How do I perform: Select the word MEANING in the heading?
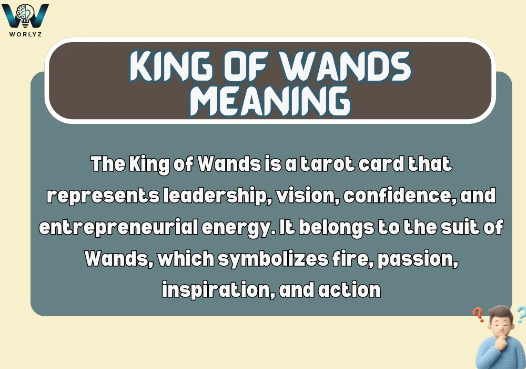click(x=269, y=100)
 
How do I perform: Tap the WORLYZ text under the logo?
click(x=26, y=33)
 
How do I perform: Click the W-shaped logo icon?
click(x=25, y=15)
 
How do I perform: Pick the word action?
click(x=350, y=290)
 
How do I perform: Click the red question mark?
click(x=478, y=315)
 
